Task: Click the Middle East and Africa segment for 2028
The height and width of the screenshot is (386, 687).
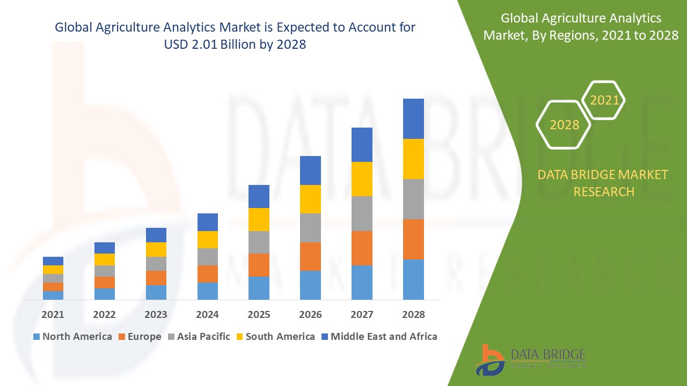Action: [413, 118]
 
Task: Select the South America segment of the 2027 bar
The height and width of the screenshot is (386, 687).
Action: [362, 179]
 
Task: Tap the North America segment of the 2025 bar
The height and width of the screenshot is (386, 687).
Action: [259, 288]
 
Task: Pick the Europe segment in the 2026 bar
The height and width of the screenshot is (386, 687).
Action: [310, 256]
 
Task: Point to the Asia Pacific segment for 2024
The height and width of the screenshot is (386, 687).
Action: [208, 257]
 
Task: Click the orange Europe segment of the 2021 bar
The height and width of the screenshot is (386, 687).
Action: [53, 287]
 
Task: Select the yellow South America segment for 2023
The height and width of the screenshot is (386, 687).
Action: [156, 249]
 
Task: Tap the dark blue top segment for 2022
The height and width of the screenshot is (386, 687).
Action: [105, 248]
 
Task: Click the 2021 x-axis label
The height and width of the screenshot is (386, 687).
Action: [53, 315]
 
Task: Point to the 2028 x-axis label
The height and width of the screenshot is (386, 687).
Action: [413, 315]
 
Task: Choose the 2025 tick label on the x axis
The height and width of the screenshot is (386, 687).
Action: [259, 315]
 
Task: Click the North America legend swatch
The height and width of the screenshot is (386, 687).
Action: [36, 337]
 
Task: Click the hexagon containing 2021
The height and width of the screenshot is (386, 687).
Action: [604, 100]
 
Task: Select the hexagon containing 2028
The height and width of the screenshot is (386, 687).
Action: [564, 124]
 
